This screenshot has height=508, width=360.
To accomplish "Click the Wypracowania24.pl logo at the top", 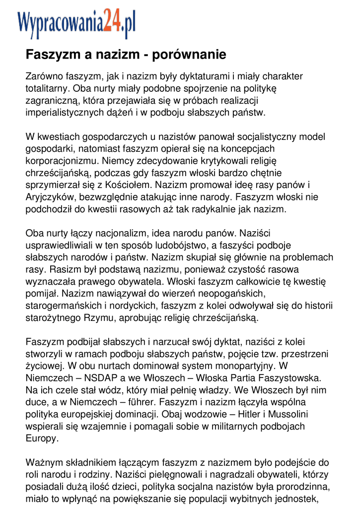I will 76,23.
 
